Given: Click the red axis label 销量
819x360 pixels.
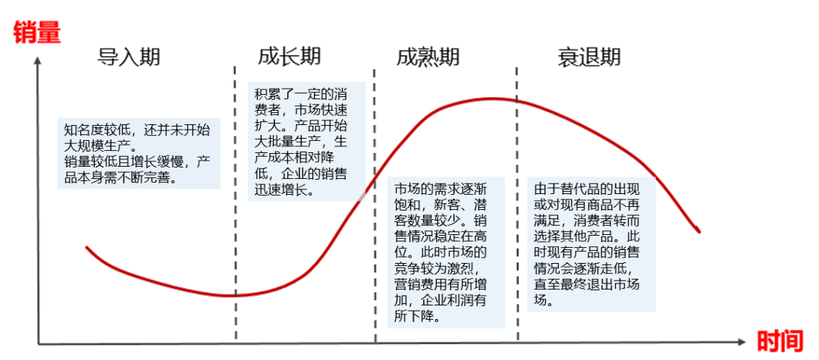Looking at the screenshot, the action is pyautogui.click(x=36, y=33).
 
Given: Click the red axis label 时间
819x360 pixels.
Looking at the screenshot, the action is pyautogui.click(x=780, y=341).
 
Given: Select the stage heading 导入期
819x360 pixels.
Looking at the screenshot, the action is pyautogui.click(x=130, y=57).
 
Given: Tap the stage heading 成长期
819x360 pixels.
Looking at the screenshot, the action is pyautogui.click(x=289, y=56).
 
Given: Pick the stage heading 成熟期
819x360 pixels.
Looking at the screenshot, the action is pyautogui.click(x=428, y=57).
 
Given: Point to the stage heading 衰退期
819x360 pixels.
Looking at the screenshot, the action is pyautogui.click(x=589, y=57).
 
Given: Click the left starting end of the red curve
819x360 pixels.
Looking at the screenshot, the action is pyautogui.click(x=86, y=248).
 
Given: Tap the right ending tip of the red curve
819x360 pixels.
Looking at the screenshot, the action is pyautogui.click(x=698, y=232).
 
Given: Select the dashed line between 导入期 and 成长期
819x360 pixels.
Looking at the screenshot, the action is pyautogui.click(x=234, y=205).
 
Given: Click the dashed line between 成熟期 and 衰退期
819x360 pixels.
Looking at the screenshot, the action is pyautogui.click(x=518, y=205).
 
